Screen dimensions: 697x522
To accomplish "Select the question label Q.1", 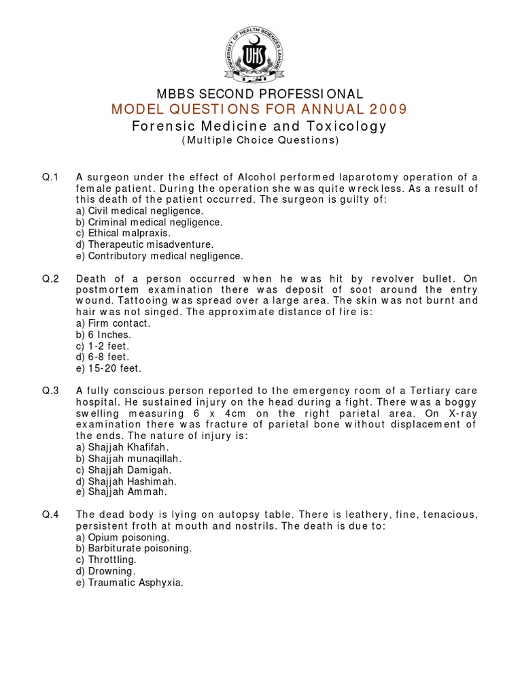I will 51,178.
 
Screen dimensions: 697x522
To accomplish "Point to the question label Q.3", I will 51,390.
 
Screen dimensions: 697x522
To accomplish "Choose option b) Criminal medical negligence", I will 149,222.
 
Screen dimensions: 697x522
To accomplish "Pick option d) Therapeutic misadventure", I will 145,244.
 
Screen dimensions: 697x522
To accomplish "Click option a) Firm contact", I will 113,323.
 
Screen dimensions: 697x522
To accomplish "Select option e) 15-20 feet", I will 109,368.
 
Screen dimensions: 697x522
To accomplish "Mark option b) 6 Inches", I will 103,335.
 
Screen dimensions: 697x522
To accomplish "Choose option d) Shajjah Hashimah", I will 126,480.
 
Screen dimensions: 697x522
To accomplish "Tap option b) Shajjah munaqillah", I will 129,458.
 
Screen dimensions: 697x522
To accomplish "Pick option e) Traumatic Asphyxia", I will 130,582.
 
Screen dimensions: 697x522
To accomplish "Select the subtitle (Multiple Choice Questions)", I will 260,141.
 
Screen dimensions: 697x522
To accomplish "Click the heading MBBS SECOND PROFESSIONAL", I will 260,95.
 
